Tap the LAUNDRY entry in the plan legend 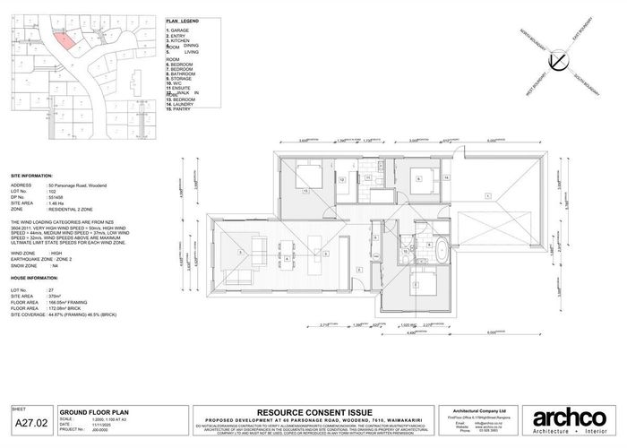(182, 104)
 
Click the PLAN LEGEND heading (184, 20)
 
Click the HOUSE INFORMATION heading (36, 278)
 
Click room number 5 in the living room (240, 255)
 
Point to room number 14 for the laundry (445, 178)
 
